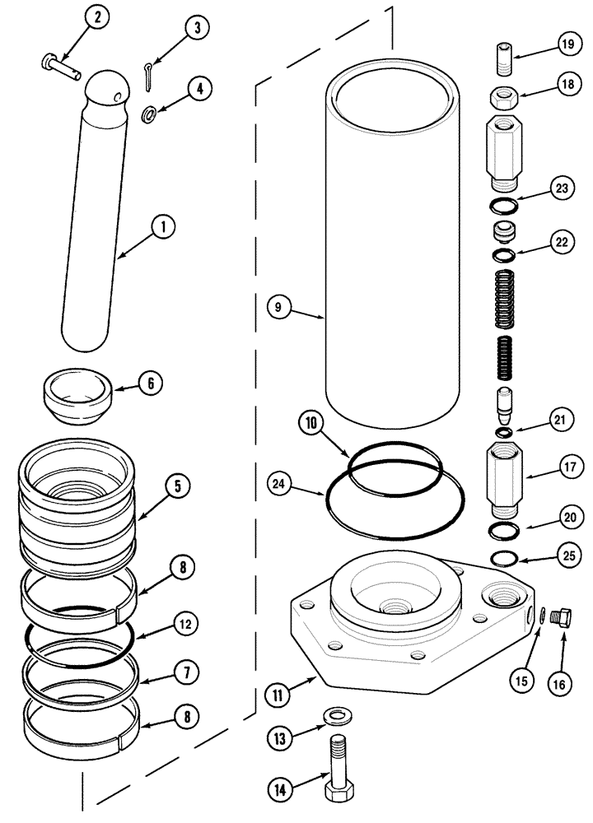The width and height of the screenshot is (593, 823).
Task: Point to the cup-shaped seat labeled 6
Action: pos(78,399)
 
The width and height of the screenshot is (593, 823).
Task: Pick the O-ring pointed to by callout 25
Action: pos(503,560)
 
